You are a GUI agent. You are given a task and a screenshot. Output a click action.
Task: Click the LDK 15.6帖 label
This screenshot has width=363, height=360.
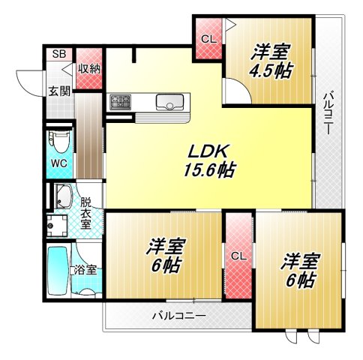coord(208,159)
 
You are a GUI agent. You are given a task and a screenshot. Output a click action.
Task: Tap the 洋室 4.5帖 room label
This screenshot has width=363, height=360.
coord(271,61)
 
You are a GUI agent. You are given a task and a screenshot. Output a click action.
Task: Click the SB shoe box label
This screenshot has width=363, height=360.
coord(58,55)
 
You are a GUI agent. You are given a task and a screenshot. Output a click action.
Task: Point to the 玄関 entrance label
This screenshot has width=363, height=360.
coord(60,91)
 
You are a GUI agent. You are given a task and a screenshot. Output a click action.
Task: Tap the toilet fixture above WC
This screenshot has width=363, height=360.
coord(58,140)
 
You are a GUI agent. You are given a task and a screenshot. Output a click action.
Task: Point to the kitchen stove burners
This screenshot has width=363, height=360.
coord(120,101)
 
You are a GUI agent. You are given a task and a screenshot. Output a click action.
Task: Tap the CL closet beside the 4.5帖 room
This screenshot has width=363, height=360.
coord(208,37)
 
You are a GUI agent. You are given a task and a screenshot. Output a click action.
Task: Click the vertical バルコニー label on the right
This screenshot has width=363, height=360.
coord(328,112)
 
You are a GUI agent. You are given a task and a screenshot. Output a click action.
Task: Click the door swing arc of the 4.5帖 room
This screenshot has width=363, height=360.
coord(234,91)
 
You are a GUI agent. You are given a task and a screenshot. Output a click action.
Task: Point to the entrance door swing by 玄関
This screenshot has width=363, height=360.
coord(28,81)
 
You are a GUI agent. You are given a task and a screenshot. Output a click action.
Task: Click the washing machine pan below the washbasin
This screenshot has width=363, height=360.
coord(54,223)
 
